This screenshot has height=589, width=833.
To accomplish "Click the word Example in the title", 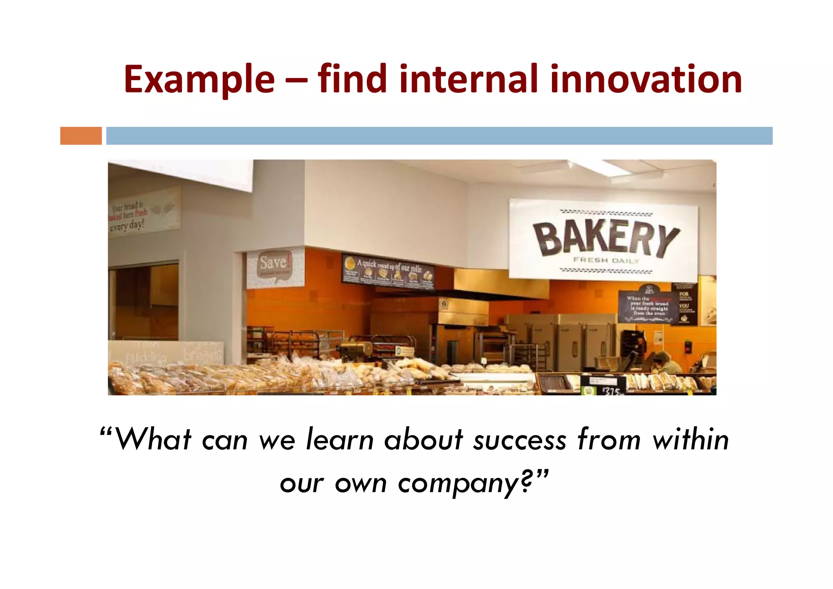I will (199, 79).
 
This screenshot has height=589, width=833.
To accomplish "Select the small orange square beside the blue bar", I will (81, 136).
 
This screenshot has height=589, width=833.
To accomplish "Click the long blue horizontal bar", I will (439, 136).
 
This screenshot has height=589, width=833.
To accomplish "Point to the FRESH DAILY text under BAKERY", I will (606, 260).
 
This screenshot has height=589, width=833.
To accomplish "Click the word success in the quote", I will (520, 440).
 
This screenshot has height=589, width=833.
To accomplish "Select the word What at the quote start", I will (153, 440).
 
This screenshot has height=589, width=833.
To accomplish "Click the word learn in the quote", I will (339, 440).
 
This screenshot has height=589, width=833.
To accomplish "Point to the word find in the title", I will (352, 79).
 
